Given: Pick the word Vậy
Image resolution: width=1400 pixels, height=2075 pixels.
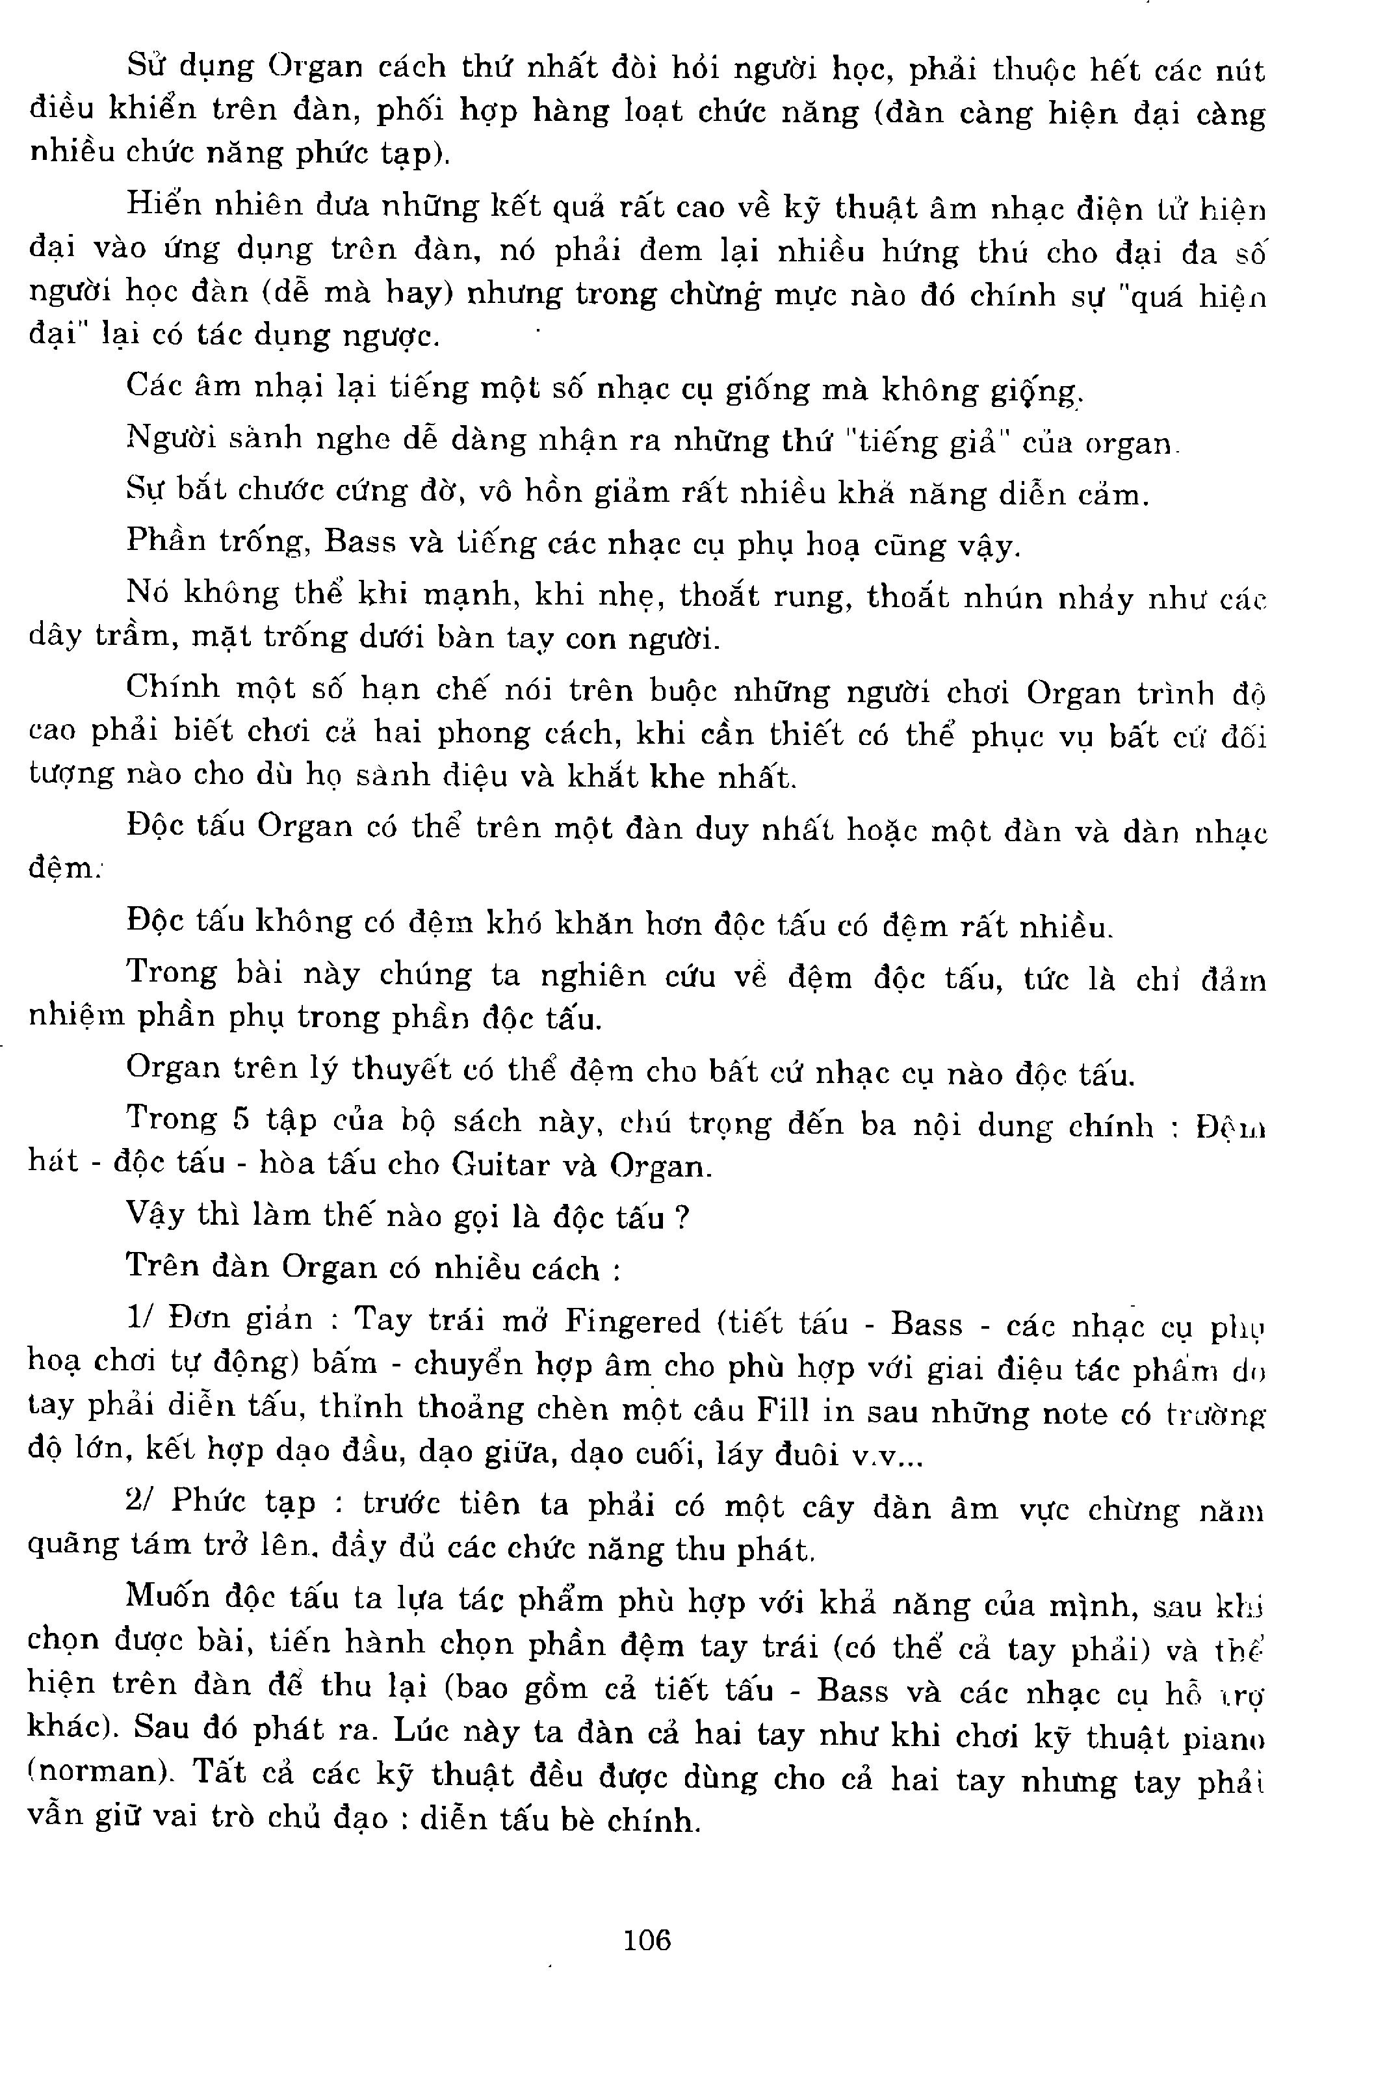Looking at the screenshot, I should (157, 1216).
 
